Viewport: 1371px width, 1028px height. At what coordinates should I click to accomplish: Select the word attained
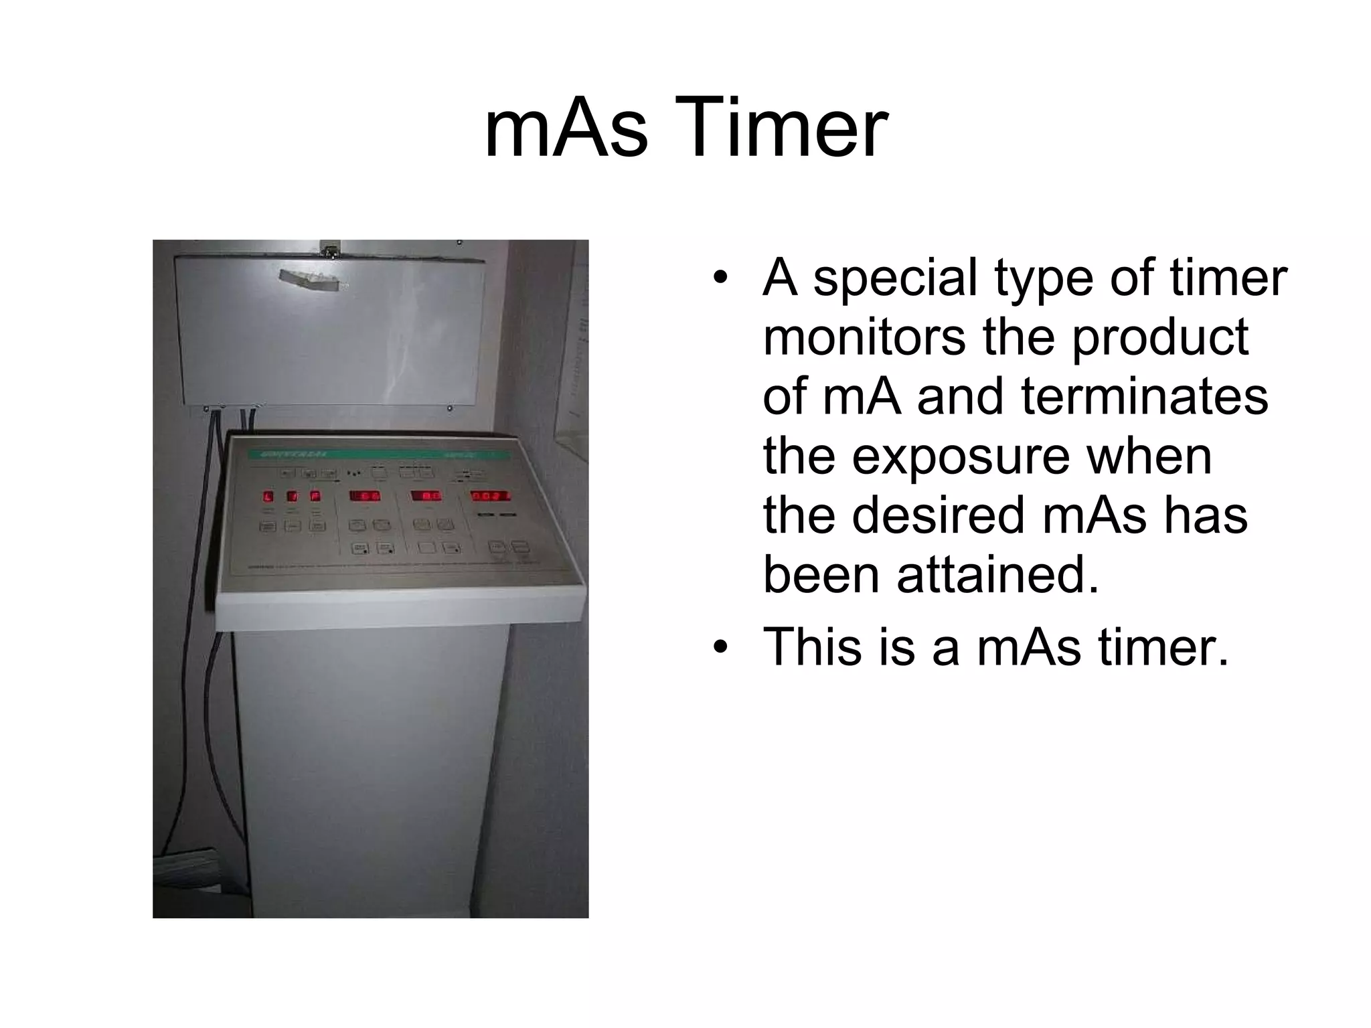[x=997, y=575]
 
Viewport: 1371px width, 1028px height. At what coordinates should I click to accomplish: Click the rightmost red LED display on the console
[x=491, y=496]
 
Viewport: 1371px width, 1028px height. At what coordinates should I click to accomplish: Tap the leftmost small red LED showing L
[x=268, y=497]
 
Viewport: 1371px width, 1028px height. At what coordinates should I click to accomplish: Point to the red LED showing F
[x=315, y=496]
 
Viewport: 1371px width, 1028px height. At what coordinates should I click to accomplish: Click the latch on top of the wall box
[x=328, y=248]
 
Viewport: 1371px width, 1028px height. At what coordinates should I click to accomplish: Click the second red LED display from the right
[x=426, y=496]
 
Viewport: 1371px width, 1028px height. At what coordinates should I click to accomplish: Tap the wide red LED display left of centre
[x=366, y=496]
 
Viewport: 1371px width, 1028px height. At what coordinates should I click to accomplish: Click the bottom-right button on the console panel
[x=520, y=547]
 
